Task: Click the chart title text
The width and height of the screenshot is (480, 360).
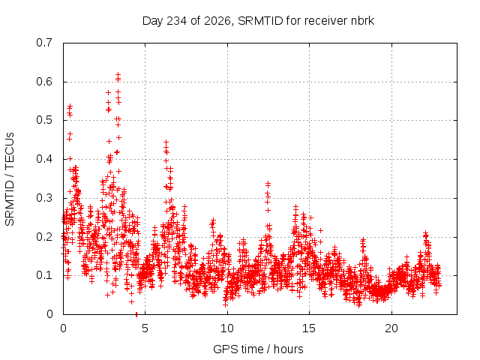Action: pyautogui.click(x=258, y=21)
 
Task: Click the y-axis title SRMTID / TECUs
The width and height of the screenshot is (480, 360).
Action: pyautogui.click(x=10, y=179)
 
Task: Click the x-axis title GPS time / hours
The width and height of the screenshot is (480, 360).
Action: pyautogui.click(x=258, y=349)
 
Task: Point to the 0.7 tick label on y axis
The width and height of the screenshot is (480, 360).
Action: pyautogui.click(x=44, y=43)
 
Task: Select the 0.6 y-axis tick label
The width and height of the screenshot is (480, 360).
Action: pyautogui.click(x=44, y=82)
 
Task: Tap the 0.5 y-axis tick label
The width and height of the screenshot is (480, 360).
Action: pyautogui.click(x=44, y=120)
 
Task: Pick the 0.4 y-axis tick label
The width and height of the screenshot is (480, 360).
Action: pyautogui.click(x=44, y=159)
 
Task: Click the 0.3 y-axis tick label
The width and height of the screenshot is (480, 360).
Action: pyautogui.click(x=44, y=198)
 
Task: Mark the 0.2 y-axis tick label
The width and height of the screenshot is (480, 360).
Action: pyautogui.click(x=44, y=237)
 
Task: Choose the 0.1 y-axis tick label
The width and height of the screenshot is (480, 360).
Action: pyautogui.click(x=44, y=275)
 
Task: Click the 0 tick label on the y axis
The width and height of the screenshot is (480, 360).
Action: pyautogui.click(x=49, y=314)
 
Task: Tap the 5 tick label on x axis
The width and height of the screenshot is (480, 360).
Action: pyautogui.click(x=145, y=328)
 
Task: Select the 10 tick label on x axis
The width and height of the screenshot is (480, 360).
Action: pyautogui.click(x=227, y=328)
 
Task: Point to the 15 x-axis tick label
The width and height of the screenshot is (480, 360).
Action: pyautogui.click(x=309, y=328)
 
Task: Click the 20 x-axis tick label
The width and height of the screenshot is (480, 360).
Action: pyautogui.click(x=391, y=328)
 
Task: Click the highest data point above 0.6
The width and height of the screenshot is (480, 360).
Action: pyautogui.click(x=118, y=74)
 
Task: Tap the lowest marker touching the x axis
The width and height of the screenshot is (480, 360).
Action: pyautogui.click(x=136, y=314)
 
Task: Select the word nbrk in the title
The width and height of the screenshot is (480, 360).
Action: pyautogui.click(x=363, y=21)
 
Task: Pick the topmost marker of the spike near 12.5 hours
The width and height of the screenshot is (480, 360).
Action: pyautogui.click(x=268, y=183)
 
